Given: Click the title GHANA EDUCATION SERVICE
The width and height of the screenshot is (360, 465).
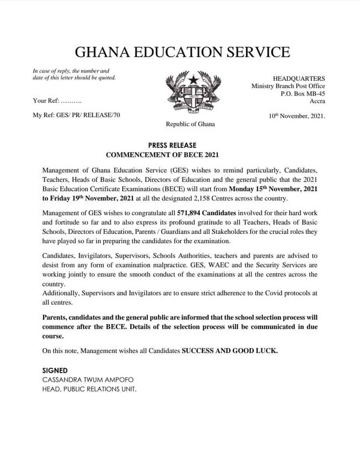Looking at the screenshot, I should [x=182, y=52].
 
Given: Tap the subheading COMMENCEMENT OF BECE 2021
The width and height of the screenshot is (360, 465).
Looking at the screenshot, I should [x=162, y=155].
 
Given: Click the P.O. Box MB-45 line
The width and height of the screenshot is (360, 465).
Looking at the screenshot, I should [x=303, y=94].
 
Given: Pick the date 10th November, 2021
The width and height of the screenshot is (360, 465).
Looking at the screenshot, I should [x=297, y=116].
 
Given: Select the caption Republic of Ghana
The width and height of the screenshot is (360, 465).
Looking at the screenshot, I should [x=190, y=124].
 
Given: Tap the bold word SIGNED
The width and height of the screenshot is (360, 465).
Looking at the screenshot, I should [x=55, y=371].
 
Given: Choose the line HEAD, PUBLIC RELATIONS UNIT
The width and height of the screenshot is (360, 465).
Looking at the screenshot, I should [x=89, y=389].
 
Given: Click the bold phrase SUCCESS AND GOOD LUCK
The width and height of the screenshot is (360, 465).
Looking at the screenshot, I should [x=230, y=351].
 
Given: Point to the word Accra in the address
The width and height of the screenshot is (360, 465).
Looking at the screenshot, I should [x=317, y=101].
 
